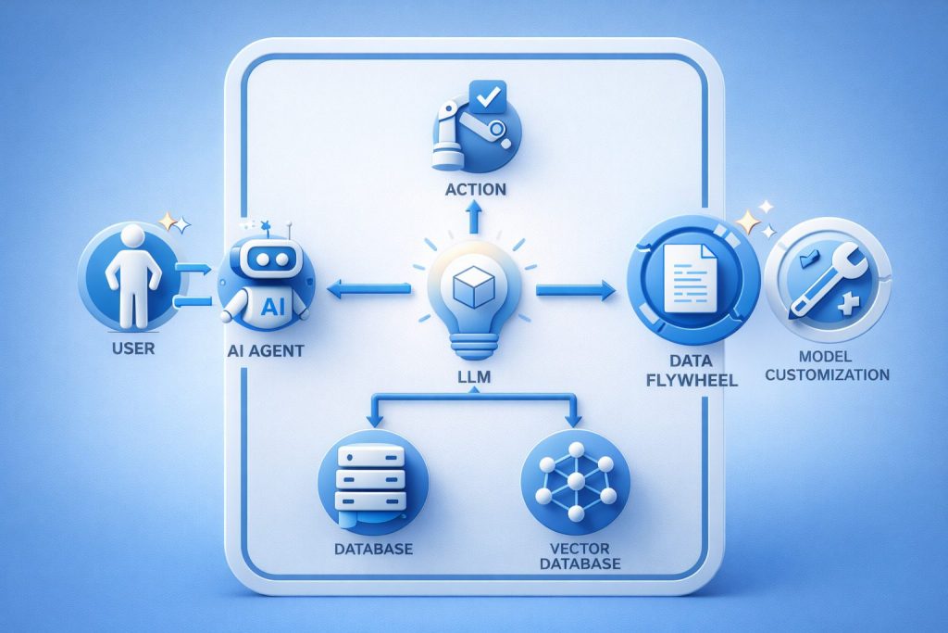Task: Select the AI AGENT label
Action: (x=265, y=353)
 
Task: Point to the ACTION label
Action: (x=475, y=189)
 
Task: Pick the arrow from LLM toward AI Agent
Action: (x=370, y=291)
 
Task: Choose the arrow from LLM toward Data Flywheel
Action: (x=576, y=291)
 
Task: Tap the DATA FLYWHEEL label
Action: (x=692, y=369)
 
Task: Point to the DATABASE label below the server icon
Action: (x=373, y=549)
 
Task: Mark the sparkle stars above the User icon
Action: (x=173, y=222)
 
